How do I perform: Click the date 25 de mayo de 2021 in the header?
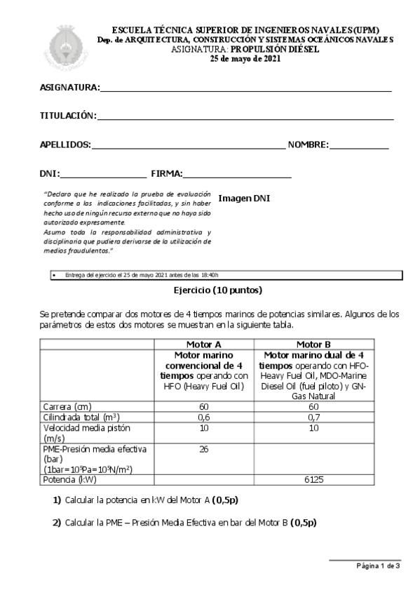[x=245, y=59]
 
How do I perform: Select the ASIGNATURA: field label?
[x=70, y=88]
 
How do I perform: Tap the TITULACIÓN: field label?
[x=67, y=116]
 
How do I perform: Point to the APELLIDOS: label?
[x=65, y=145]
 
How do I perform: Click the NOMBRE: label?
[x=308, y=145]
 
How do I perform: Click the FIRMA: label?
[x=166, y=173]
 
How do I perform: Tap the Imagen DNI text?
[x=244, y=199]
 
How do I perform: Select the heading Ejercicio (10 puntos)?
[x=218, y=290]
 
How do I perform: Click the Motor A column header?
[x=203, y=345]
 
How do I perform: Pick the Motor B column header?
[x=313, y=345]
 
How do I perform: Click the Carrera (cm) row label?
[x=67, y=406]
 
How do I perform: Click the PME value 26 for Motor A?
[x=203, y=449]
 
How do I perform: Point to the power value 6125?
[x=313, y=481]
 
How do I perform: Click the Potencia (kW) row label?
[x=69, y=481]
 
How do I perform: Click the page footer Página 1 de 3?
[x=378, y=565]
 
